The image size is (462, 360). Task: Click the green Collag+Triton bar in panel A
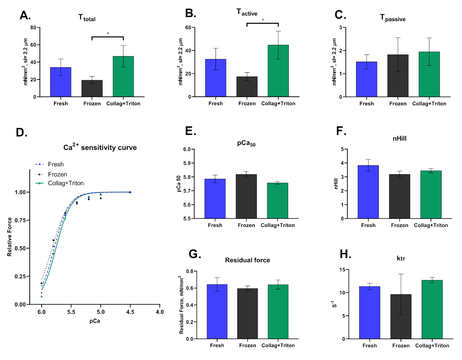pyautogui.click(x=123, y=77)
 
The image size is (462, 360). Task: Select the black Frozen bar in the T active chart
pyautogui.click(x=247, y=86)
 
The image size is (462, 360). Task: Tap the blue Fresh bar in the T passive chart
pyautogui.click(x=366, y=79)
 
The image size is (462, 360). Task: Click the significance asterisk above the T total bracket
pyautogui.click(x=108, y=33)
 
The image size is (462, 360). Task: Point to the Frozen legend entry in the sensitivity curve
pyautogui.click(x=57, y=174)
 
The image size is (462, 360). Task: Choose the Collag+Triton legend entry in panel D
pyautogui.click(x=66, y=183)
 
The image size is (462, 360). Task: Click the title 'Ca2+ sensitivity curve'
pyautogui.click(x=100, y=147)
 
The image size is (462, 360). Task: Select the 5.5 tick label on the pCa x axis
pyautogui.click(x=71, y=312)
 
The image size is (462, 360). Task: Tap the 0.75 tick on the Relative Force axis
pyautogui.click(x=20, y=220)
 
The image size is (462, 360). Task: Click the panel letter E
pyautogui.click(x=190, y=131)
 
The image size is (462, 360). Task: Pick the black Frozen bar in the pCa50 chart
pyautogui.click(x=246, y=196)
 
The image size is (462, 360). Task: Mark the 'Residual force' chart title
pyautogui.click(x=247, y=260)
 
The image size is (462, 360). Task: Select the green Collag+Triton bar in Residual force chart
pyautogui.click(x=278, y=311)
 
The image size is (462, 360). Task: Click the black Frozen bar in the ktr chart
pyautogui.click(x=401, y=316)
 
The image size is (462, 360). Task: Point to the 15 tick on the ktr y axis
pyautogui.click(x=342, y=270)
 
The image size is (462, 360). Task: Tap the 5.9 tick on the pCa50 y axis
pyautogui.click(x=187, y=163)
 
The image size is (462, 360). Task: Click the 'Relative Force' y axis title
pyautogui.click(x=10, y=237)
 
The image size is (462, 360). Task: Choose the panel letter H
pyautogui.click(x=345, y=254)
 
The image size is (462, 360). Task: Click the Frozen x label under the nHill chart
pyautogui.click(x=399, y=225)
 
